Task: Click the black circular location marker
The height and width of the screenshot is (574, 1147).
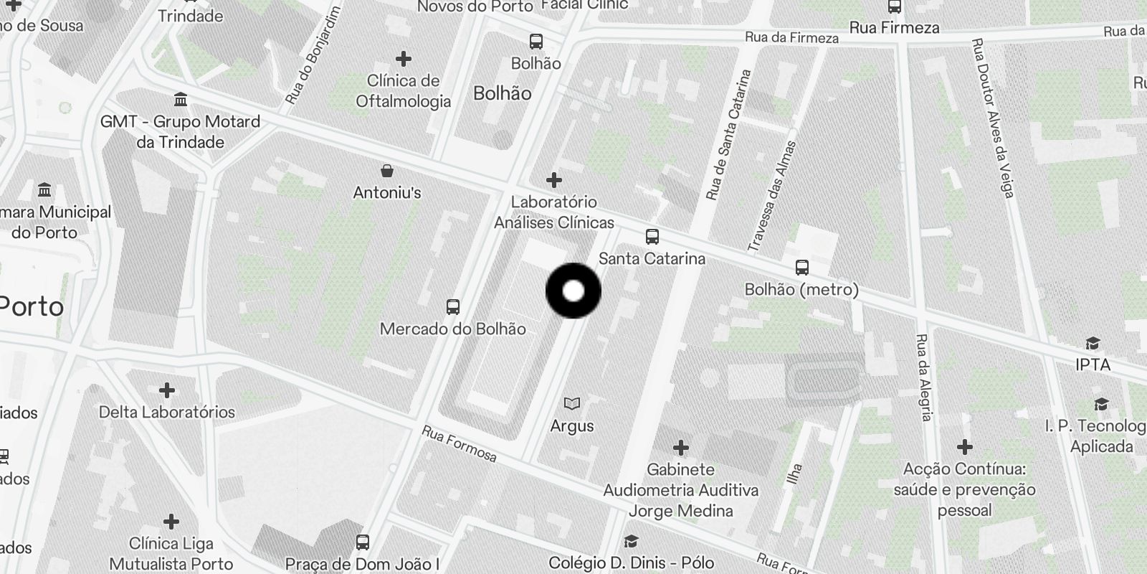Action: [573, 291]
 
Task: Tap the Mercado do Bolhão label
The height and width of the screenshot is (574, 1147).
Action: [452, 329]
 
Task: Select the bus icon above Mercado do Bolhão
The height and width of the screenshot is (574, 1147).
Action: [452, 307]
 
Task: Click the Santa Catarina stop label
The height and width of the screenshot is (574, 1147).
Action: [652, 258]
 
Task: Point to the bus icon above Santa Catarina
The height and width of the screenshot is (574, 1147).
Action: [652, 236]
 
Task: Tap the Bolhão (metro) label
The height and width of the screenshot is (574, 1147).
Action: [801, 289]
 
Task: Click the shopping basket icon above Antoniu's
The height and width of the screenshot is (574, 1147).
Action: [387, 171]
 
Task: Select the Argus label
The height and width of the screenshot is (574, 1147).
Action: [572, 425]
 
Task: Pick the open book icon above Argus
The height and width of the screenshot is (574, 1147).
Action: [572, 403]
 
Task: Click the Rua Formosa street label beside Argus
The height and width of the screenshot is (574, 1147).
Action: [459, 444]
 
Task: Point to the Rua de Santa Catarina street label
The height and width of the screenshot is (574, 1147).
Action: [728, 134]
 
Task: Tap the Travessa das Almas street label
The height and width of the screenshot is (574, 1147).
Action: [772, 196]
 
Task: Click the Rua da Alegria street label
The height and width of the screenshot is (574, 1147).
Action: [924, 377]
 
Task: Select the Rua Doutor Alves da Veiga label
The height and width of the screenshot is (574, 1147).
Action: [992, 118]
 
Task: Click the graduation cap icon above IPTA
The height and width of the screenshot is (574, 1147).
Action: [1093, 343]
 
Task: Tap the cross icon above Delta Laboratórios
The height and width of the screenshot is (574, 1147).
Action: [167, 390]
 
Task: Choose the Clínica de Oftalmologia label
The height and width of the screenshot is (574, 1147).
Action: [404, 90]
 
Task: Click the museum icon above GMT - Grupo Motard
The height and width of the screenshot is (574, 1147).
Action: [181, 98]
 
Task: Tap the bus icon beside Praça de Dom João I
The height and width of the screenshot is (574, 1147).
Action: [363, 542]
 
